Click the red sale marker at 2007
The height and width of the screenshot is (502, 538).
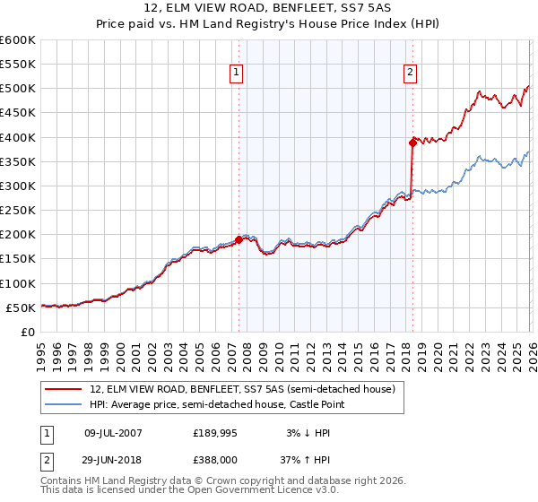[x=239, y=239]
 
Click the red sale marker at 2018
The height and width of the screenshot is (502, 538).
[x=412, y=142]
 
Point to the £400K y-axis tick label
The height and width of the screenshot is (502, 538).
[x=18, y=137]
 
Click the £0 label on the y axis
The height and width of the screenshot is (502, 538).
[x=27, y=332]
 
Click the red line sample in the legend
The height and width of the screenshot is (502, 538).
[x=65, y=389]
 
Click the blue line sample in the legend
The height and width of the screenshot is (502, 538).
[x=65, y=405]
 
